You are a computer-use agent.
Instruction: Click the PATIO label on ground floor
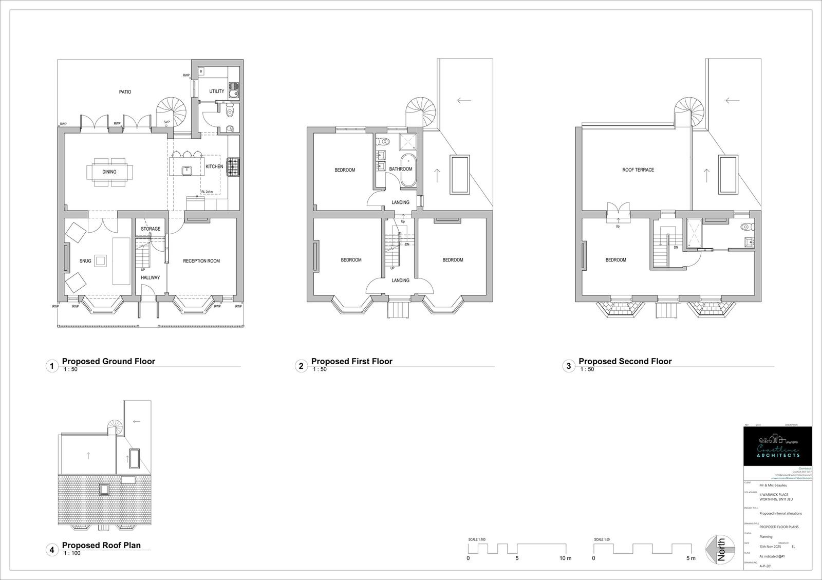(x=125, y=92)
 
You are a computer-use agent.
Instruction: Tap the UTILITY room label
(x=216, y=91)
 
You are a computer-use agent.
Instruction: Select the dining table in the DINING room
(x=109, y=172)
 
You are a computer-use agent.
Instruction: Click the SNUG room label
(x=85, y=261)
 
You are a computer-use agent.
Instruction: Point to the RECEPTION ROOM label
(x=201, y=261)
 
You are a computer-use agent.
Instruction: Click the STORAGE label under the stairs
(x=151, y=229)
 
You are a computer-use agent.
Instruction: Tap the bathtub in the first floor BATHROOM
(x=409, y=170)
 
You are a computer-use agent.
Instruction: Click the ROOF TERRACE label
(x=638, y=170)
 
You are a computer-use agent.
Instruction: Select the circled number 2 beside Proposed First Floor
(x=301, y=366)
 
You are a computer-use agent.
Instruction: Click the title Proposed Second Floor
(x=625, y=361)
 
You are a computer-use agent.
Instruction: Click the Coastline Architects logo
(x=778, y=446)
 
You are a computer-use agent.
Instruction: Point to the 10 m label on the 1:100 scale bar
(x=565, y=558)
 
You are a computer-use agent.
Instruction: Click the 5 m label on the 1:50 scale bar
(x=690, y=558)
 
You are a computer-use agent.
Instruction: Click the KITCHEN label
(x=214, y=166)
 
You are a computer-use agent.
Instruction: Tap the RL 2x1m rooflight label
(x=207, y=192)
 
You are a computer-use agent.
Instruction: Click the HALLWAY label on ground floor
(x=151, y=277)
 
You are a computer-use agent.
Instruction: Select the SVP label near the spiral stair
(x=166, y=122)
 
